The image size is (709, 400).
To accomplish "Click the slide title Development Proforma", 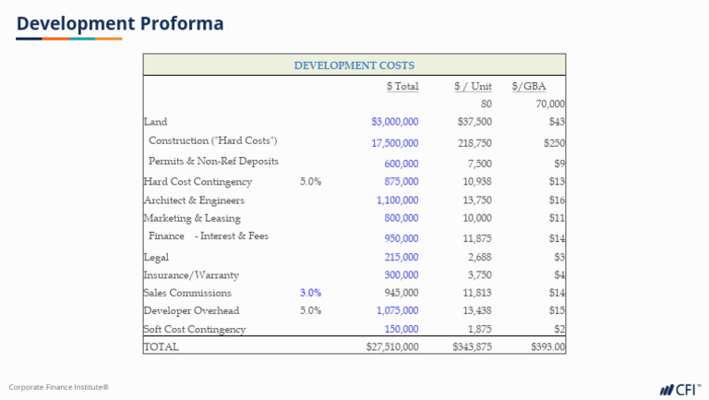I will [x=120, y=23].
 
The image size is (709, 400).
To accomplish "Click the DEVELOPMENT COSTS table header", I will [x=354, y=66].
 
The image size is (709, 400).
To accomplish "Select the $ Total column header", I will [x=402, y=87].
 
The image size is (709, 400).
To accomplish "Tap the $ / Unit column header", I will [x=473, y=87].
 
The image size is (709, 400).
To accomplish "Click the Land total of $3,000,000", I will [x=394, y=122].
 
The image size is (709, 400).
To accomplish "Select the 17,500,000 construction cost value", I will [x=394, y=143].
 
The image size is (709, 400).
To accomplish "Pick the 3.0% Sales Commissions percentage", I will [x=310, y=293].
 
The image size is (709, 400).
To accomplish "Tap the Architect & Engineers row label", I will [x=194, y=200].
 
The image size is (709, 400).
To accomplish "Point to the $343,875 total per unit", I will [x=472, y=347].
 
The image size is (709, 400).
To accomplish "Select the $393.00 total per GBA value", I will [x=547, y=347].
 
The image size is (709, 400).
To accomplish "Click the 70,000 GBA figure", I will [x=549, y=104].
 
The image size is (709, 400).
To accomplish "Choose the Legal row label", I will [x=156, y=258].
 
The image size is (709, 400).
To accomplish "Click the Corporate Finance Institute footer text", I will [x=59, y=387].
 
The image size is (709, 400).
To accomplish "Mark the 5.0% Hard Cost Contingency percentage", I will [x=310, y=182].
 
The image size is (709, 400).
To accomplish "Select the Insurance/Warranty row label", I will [x=190, y=275].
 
